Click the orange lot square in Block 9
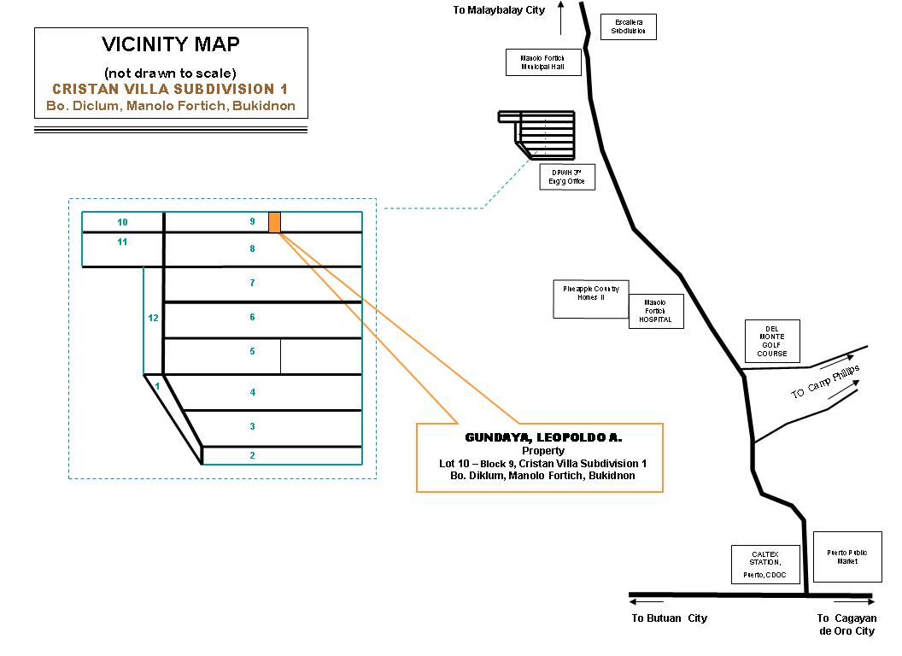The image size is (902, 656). (x=274, y=222)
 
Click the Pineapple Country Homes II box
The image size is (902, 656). (x=591, y=300)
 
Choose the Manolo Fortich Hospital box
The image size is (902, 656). (x=656, y=311)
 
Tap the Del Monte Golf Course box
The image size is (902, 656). (x=771, y=341)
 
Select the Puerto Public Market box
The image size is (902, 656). (x=846, y=557)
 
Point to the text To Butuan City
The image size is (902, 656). (x=670, y=618)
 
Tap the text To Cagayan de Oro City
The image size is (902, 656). (x=846, y=624)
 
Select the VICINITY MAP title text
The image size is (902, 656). (x=171, y=44)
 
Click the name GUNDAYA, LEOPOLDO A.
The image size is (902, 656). (x=531, y=437)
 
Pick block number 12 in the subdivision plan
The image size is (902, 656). (x=153, y=318)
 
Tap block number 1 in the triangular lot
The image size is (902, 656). (x=157, y=386)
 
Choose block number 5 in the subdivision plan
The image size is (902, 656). (x=252, y=351)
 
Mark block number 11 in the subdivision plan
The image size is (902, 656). (x=122, y=242)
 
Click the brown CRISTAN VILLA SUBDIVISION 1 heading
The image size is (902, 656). (x=170, y=89)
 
